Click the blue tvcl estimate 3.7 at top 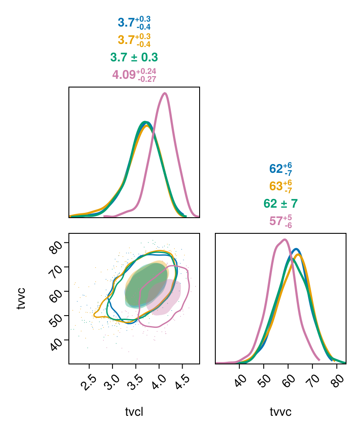click(x=134, y=23)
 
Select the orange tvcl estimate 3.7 click(x=134, y=40)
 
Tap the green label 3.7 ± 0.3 click(x=134, y=57)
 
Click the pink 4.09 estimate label click(x=134, y=75)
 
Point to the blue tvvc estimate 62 click(x=280, y=169)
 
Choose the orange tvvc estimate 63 click(x=280, y=186)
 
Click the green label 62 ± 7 click(x=280, y=204)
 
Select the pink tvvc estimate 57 click(x=280, y=221)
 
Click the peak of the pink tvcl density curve click(x=165, y=94)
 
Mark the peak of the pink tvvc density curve click(x=285, y=240)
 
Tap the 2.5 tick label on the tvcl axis click(x=90, y=383)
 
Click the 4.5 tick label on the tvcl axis click(x=183, y=383)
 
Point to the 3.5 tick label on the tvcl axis click(x=136, y=383)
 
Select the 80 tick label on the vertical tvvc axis click(x=55, y=246)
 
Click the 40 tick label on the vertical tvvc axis click(x=55, y=344)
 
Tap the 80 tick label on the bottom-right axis click(x=338, y=381)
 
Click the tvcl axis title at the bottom click(x=134, y=412)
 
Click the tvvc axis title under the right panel click(x=280, y=412)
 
